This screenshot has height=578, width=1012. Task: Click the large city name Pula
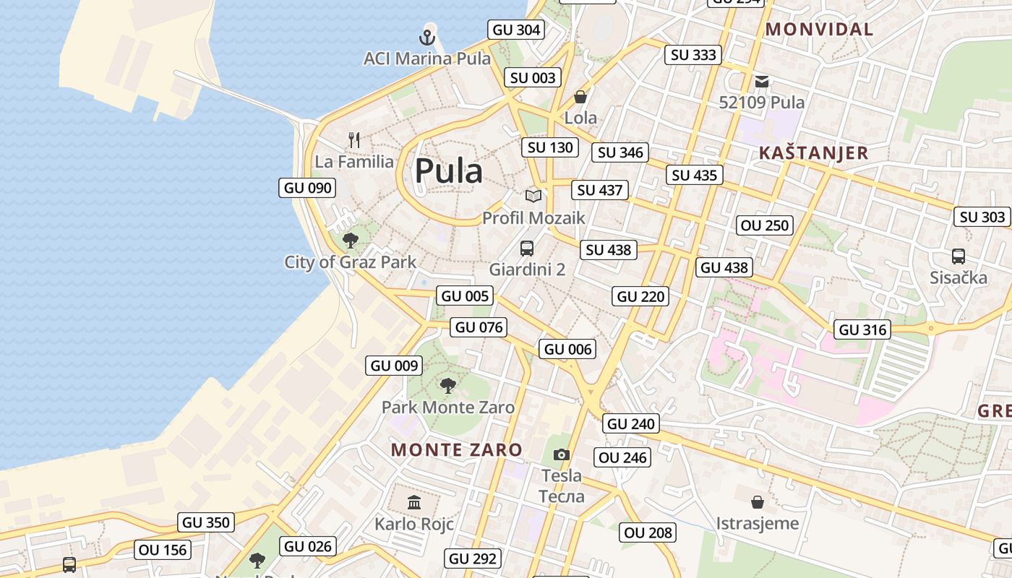click(x=448, y=171)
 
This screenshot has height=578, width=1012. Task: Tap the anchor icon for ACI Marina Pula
click(x=428, y=36)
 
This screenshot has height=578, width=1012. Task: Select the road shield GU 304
click(x=516, y=30)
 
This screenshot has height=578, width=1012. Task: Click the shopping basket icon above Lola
click(x=580, y=97)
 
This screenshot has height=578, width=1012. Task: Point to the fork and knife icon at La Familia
click(x=354, y=139)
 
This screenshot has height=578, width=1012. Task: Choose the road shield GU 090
click(x=308, y=188)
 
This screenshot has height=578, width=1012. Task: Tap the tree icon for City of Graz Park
click(x=351, y=240)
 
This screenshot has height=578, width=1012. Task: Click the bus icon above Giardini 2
click(x=527, y=249)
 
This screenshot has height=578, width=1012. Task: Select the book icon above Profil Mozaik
click(x=533, y=196)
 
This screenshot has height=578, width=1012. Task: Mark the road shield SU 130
click(x=550, y=147)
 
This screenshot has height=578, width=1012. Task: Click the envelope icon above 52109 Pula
click(x=762, y=81)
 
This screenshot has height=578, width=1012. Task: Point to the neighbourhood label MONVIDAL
click(x=819, y=30)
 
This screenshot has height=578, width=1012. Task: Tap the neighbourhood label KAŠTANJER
click(x=813, y=153)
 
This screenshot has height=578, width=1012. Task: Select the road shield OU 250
click(x=766, y=225)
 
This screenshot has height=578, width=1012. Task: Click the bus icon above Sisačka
click(x=959, y=256)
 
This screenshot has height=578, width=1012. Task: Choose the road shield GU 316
click(x=862, y=329)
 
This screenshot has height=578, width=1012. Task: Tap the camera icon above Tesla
click(x=562, y=454)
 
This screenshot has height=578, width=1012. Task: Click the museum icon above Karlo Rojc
click(x=414, y=502)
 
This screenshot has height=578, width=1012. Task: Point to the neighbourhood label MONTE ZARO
click(x=457, y=449)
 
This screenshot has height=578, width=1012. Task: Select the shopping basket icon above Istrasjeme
click(x=758, y=501)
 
